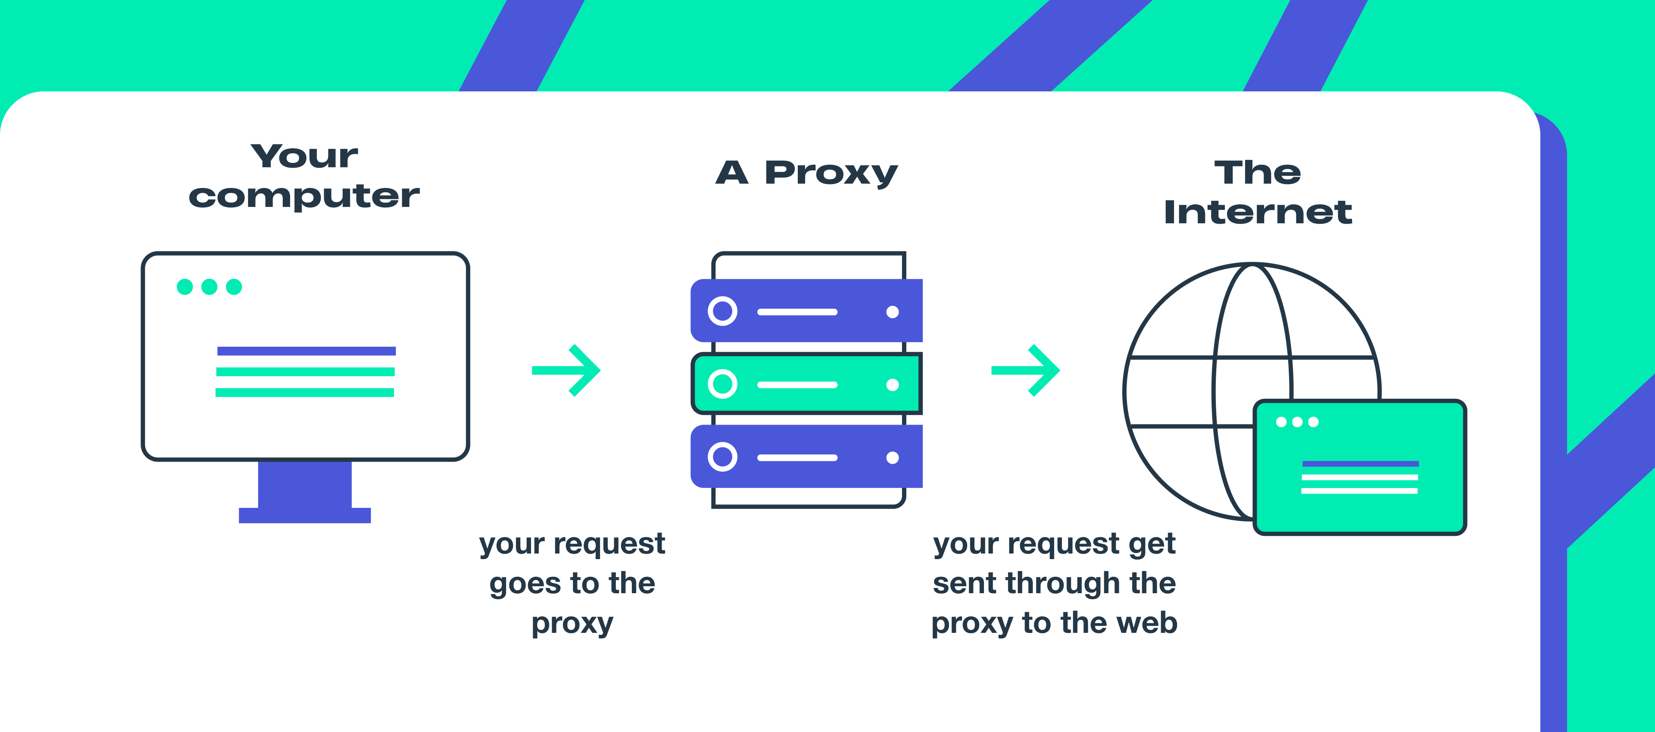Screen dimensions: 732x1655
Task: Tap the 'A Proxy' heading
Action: point(806,172)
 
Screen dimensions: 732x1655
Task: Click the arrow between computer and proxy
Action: point(567,370)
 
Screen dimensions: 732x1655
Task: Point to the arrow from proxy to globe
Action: point(1026,370)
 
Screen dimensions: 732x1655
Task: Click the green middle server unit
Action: point(806,384)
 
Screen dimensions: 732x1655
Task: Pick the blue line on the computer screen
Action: point(306,351)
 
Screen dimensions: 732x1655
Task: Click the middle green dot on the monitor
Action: point(209,287)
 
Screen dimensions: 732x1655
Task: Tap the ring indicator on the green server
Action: point(723,384)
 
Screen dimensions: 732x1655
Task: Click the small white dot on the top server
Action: point(893,312)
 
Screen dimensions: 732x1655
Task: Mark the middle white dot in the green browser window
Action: point(1297,422)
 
